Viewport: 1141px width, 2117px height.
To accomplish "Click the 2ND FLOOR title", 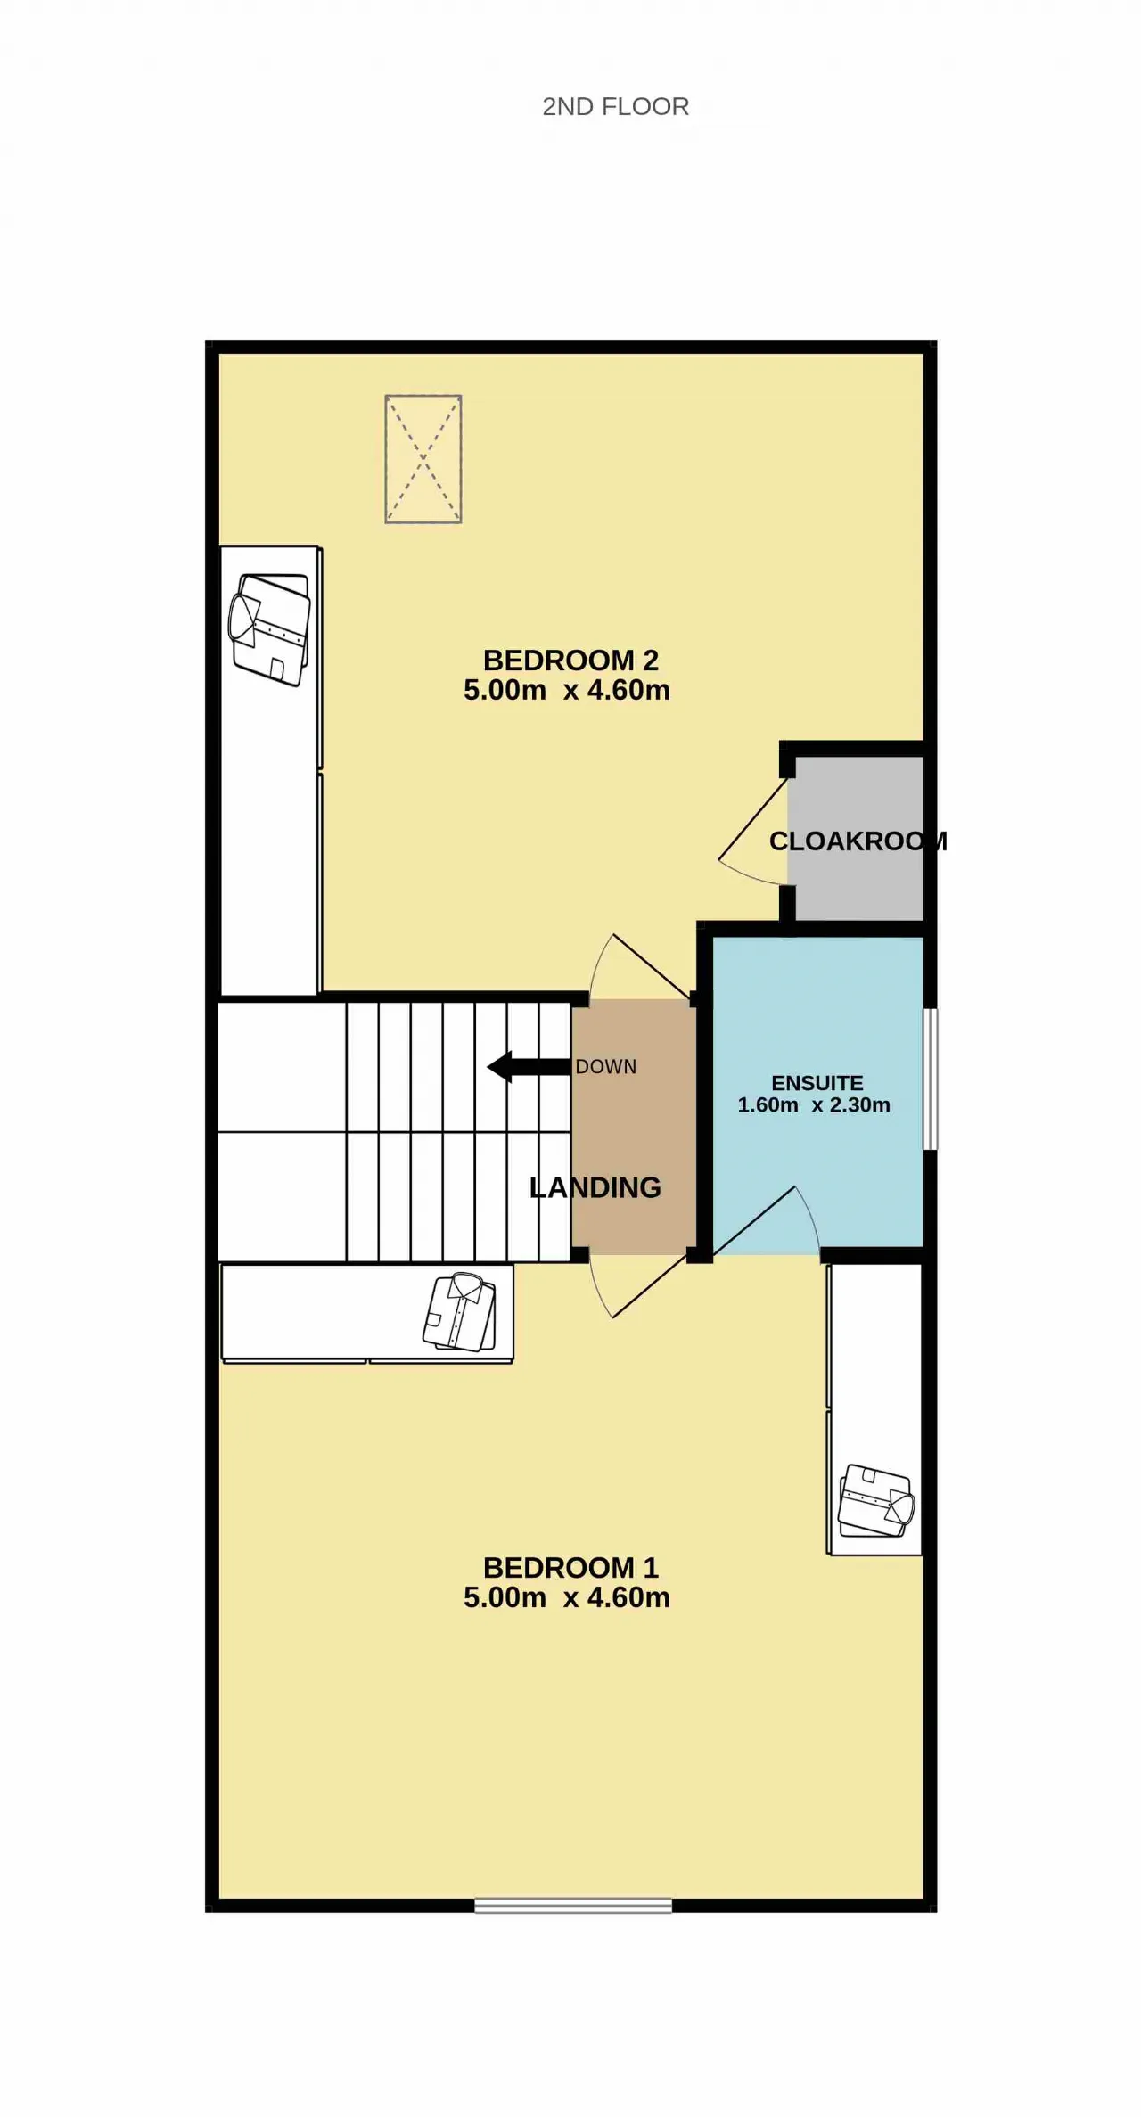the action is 615,107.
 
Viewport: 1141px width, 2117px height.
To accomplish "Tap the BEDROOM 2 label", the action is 570,661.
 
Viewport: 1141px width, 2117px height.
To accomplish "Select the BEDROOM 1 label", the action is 570,1568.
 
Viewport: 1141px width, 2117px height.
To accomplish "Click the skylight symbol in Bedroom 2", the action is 423,459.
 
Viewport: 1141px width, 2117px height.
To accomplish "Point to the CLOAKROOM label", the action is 858,841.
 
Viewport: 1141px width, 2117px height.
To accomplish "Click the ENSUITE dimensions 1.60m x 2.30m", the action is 814,1105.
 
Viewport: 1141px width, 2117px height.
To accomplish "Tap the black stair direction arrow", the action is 529,1067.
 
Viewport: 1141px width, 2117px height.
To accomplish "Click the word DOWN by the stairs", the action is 606,1067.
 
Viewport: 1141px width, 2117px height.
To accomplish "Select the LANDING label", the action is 595,1187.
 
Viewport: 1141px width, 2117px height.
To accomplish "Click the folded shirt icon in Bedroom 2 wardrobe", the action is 270,629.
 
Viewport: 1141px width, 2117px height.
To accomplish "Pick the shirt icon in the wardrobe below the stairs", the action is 459,1312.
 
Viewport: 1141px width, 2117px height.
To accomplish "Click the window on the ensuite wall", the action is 930,1079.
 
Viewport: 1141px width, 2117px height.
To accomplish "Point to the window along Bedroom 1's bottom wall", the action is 573,1906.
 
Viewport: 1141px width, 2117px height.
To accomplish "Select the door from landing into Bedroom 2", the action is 640,967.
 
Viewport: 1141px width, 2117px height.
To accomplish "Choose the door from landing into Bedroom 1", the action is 638,1286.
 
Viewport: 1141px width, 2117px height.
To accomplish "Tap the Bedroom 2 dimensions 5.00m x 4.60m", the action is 567,690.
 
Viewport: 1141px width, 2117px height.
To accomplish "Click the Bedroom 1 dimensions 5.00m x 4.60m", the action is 567,1597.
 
